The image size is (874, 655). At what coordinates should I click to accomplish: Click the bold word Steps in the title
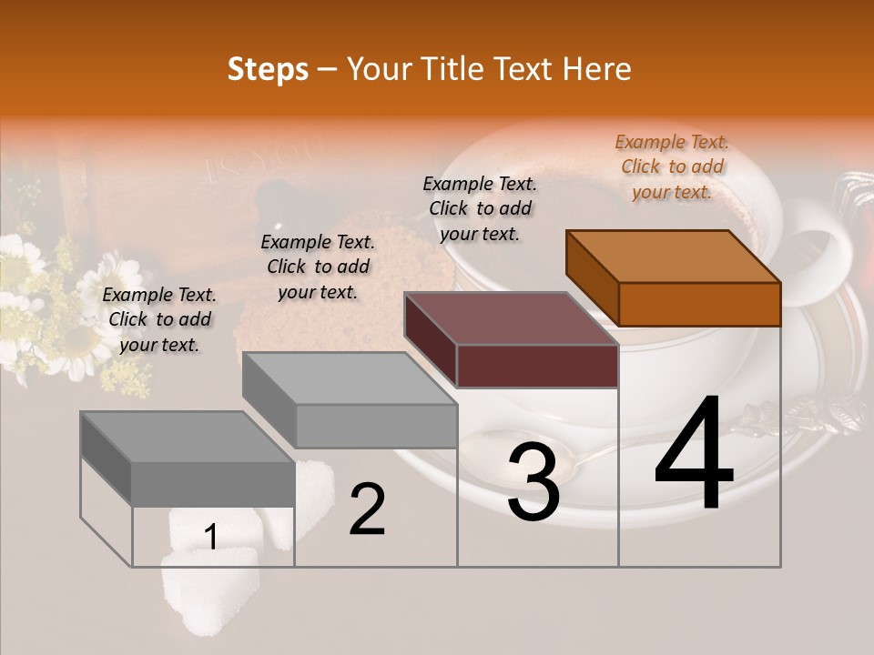268,70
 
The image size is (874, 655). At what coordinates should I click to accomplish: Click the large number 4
694,454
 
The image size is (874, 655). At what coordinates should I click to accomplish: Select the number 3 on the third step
533,482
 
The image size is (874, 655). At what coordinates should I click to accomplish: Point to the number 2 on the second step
367,509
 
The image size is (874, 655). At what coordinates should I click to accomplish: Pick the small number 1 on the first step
210,538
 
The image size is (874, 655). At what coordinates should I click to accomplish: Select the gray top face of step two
350,378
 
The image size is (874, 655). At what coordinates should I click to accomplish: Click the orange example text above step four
672,166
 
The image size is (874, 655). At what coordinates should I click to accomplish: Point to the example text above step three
480,208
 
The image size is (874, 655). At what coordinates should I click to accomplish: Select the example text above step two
318,267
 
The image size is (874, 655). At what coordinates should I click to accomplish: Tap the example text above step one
159,319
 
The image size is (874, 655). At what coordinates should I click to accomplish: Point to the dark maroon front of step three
537,367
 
